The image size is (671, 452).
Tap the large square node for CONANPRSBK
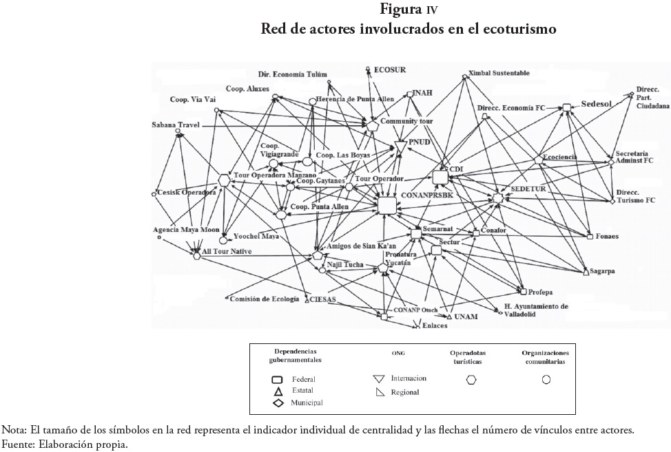(x=386, y=205)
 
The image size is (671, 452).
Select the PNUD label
(x=419, y=142)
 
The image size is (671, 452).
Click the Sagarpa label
(x=601, y=272)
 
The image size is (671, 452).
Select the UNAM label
(x=466, y=316)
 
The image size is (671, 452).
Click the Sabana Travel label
(x=176, y=125)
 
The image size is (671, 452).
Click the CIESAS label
(x=322, y=300)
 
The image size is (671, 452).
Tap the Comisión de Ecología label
(x=265, y=299)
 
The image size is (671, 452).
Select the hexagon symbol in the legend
(x=472, y=379)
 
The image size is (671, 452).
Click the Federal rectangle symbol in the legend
(x=278, y=379)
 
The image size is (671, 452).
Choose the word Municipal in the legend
(x=307, y=402)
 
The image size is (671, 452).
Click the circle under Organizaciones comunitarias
(x=546, y=379)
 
